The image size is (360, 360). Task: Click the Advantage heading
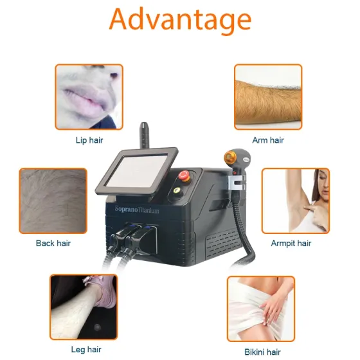179,21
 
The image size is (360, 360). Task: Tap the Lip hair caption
89,139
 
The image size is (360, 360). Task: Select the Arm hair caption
268,140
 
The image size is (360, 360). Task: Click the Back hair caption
53,243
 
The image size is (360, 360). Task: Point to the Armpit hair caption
291,243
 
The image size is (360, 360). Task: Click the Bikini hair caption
263,352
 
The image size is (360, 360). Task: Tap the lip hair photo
89,96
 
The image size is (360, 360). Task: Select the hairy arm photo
267,96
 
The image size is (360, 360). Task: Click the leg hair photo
84,307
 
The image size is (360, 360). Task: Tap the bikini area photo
261,309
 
